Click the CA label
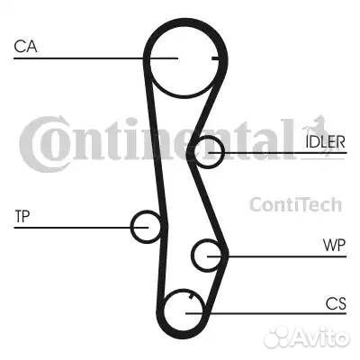(25, 47)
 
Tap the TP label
(22, 216)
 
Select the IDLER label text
(325, 142)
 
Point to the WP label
(334, 246)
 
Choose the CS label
(336, 303)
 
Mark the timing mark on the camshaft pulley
(215, 58)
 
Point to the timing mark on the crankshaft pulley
(191, 297)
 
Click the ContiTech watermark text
(296, 204)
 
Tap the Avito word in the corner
(319, 337)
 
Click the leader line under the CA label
(96, 58)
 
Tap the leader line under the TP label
(81, 228)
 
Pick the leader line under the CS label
(266, 314)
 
